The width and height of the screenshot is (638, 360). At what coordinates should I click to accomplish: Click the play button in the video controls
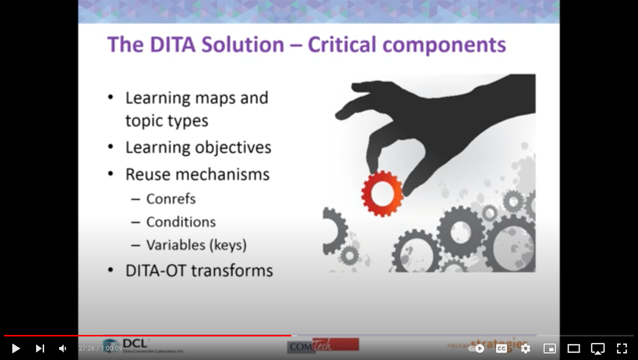tap(16, 348)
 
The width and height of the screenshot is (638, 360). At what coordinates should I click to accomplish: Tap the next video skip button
tap(40, 348)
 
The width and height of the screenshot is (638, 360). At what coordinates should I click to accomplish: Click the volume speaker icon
tap(63, 348)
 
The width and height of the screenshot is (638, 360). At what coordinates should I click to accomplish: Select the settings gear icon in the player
tap(525, 348)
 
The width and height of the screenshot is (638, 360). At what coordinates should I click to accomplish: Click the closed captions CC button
tap(501, 348)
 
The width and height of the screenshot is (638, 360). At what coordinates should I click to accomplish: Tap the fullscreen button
tap(621, 348)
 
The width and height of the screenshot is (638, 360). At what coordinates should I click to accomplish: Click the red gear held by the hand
tap(382, 193)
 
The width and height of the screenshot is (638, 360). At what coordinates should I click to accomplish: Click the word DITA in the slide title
tap(173, 45)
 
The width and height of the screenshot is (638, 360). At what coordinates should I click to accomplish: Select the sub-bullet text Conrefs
tap(171, 199)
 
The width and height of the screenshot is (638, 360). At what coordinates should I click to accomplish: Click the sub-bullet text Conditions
tap(181, 222)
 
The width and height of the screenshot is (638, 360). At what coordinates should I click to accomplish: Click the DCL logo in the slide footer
tap(134, 345)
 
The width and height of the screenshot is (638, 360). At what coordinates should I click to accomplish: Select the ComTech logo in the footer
tap(323, 345)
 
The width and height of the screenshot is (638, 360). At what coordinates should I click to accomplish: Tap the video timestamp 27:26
tap(86, 348)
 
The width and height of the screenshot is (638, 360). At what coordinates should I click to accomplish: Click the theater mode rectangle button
tap(573, 348)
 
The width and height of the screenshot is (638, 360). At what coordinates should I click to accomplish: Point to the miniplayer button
tap(549, 348)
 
